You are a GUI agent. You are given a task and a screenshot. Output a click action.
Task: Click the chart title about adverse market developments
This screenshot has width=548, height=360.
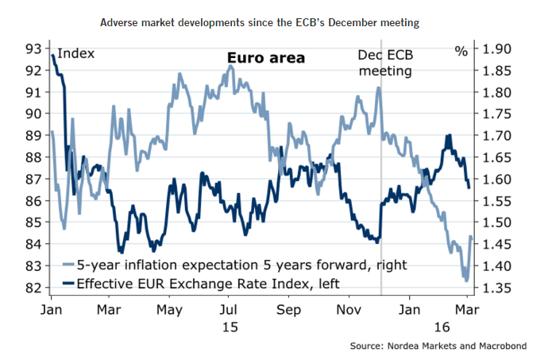[274, 24]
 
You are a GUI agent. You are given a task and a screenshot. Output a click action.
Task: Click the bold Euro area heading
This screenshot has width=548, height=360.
[266, 58]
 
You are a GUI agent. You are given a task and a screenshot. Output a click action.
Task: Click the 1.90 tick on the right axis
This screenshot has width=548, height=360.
[497, 49]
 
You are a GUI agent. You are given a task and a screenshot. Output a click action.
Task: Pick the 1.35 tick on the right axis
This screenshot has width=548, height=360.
[497, 288]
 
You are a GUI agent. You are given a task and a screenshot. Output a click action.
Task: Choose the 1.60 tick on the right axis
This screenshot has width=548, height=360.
[497, 180]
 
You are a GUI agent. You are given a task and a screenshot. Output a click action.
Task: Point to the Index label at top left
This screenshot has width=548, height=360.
[75, 53]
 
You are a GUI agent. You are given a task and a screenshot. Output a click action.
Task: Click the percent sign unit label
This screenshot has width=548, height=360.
[461, 52]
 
